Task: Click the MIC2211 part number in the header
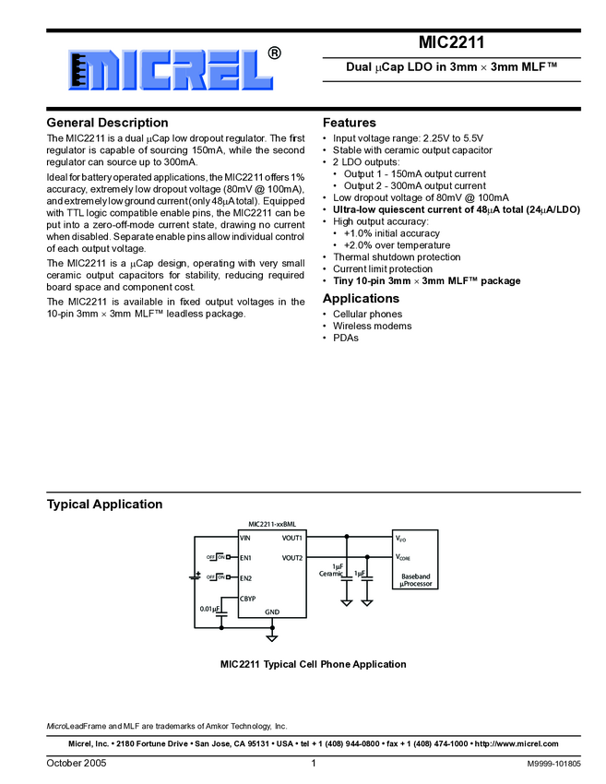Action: pyautogui.click(x=451, y=42)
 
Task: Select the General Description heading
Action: pyautogui.click(x=107, y=123)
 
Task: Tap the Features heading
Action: pyautogui.click(x=349, y=123)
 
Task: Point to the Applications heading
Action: pyautogui.click(x=361, y=299)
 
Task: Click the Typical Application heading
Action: pyautogui.click(x=104, y=505)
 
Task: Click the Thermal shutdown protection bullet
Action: pyautogui.click(x=397, y=257)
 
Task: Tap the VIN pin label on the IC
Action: pyautogui.click(x=245, y=538)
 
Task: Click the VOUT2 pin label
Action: pyautogui.click(x=292, y=558)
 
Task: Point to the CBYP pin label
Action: pyautogui.click(x=247, y=599)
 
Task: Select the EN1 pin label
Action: pyautogui.click(x=245, y=558)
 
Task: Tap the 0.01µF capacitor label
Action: pyautogui.click(x=209, y=609)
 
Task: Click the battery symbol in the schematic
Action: pyautogui.click(x=195, y=576)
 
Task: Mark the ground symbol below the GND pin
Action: pyautogui.click(x=272, y=636)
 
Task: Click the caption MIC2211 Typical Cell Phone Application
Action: pyautogui.click(x=313, y=664)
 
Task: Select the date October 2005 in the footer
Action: pyautogui.click(x=77, y=764)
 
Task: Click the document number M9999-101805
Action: pyautogui.click(x=553, y=764)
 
